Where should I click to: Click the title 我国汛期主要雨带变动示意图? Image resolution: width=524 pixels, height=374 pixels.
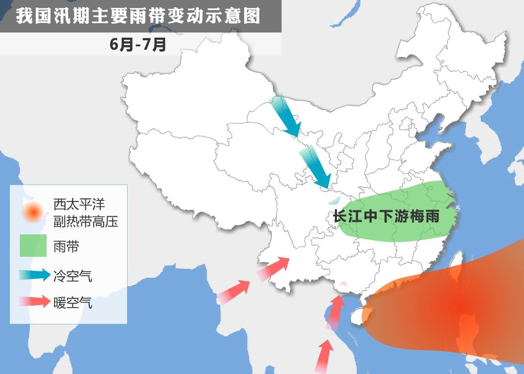point(138,16)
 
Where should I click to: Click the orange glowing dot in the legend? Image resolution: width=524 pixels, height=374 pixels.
point(33,212)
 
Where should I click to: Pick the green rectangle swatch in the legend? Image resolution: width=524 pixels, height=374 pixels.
point(33,246)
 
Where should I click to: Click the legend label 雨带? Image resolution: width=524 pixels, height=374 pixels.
point(66,247)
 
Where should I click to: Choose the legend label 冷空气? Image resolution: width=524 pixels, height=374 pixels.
point(72,276)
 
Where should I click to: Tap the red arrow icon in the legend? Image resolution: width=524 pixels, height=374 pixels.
point(35,301)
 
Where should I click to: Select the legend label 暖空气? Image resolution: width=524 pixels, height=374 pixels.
point(72,302)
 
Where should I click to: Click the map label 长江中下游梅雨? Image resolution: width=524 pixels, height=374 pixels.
point(387,217)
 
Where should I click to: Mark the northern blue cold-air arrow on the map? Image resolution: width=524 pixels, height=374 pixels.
point(286,115)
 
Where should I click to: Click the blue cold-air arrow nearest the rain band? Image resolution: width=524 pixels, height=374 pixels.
point(316,168)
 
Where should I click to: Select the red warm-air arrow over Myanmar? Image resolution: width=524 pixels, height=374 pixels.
point(234,292)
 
